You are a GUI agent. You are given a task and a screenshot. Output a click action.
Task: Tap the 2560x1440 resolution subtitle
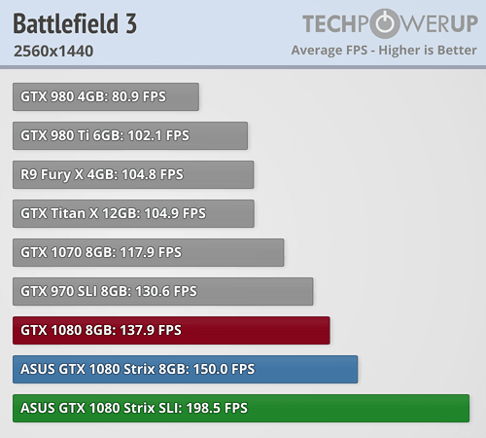pos(53,51)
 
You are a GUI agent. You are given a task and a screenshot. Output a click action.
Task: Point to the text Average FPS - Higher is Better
pos(384,50)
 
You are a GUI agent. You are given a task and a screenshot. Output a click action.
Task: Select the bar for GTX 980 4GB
pos(106,96)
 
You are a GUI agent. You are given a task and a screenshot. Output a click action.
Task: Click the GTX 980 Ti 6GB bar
pos(130,135)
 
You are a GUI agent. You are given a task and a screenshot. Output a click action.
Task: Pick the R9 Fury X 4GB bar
pos(133,174)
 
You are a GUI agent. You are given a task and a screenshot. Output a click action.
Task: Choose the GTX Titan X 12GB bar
pos(133,213)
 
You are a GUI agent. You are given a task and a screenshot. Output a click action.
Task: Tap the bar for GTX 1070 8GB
pos(149,252)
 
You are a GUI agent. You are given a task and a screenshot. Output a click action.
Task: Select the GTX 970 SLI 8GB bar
pos(163,291)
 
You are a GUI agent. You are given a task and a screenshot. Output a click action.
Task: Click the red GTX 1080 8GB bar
pos(172,330)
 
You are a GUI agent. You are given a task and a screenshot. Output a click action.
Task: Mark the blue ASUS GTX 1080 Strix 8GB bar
pos(186,369)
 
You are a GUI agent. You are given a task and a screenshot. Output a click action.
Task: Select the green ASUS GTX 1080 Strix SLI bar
pos(241,408)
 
